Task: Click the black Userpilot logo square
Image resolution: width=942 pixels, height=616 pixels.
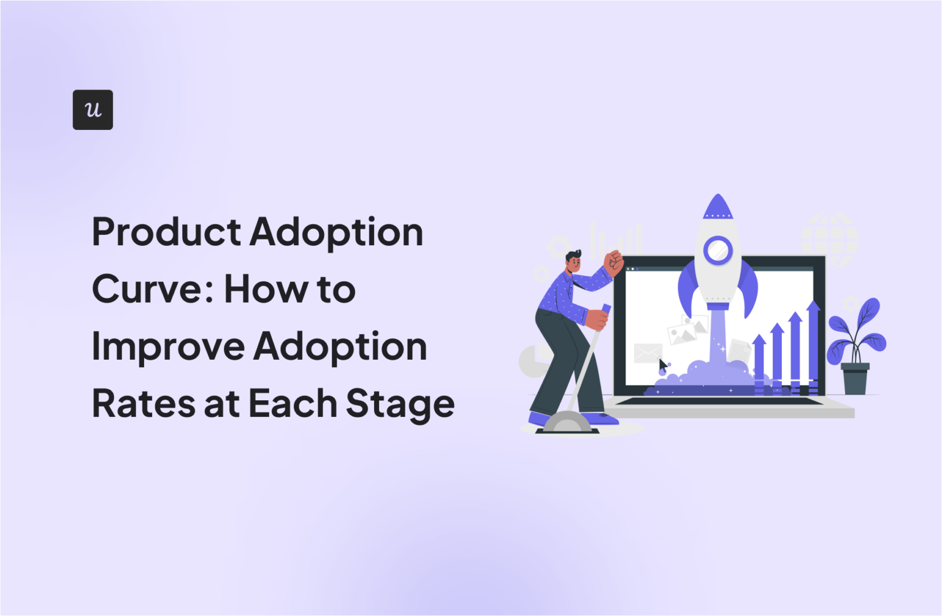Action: point(93,110)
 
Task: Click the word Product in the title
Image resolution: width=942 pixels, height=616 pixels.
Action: point(166,233)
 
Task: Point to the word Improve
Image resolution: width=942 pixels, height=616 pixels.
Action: point(167,347)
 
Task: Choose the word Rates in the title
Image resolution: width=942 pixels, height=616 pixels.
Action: point(143,404)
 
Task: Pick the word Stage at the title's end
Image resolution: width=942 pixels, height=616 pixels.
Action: point(400,405)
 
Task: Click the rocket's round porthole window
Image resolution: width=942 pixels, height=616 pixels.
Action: point(717,250)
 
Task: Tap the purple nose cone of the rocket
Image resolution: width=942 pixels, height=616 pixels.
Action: point(718,207)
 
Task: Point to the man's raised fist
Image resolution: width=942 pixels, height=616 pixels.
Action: point(613,262)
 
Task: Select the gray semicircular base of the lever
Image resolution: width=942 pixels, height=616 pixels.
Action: point(567,422)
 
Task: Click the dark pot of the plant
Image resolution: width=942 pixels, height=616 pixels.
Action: point(855,379)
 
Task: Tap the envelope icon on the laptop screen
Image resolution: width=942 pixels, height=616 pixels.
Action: point(648,353)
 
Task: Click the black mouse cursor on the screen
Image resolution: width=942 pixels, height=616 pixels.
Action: point(662,365)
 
